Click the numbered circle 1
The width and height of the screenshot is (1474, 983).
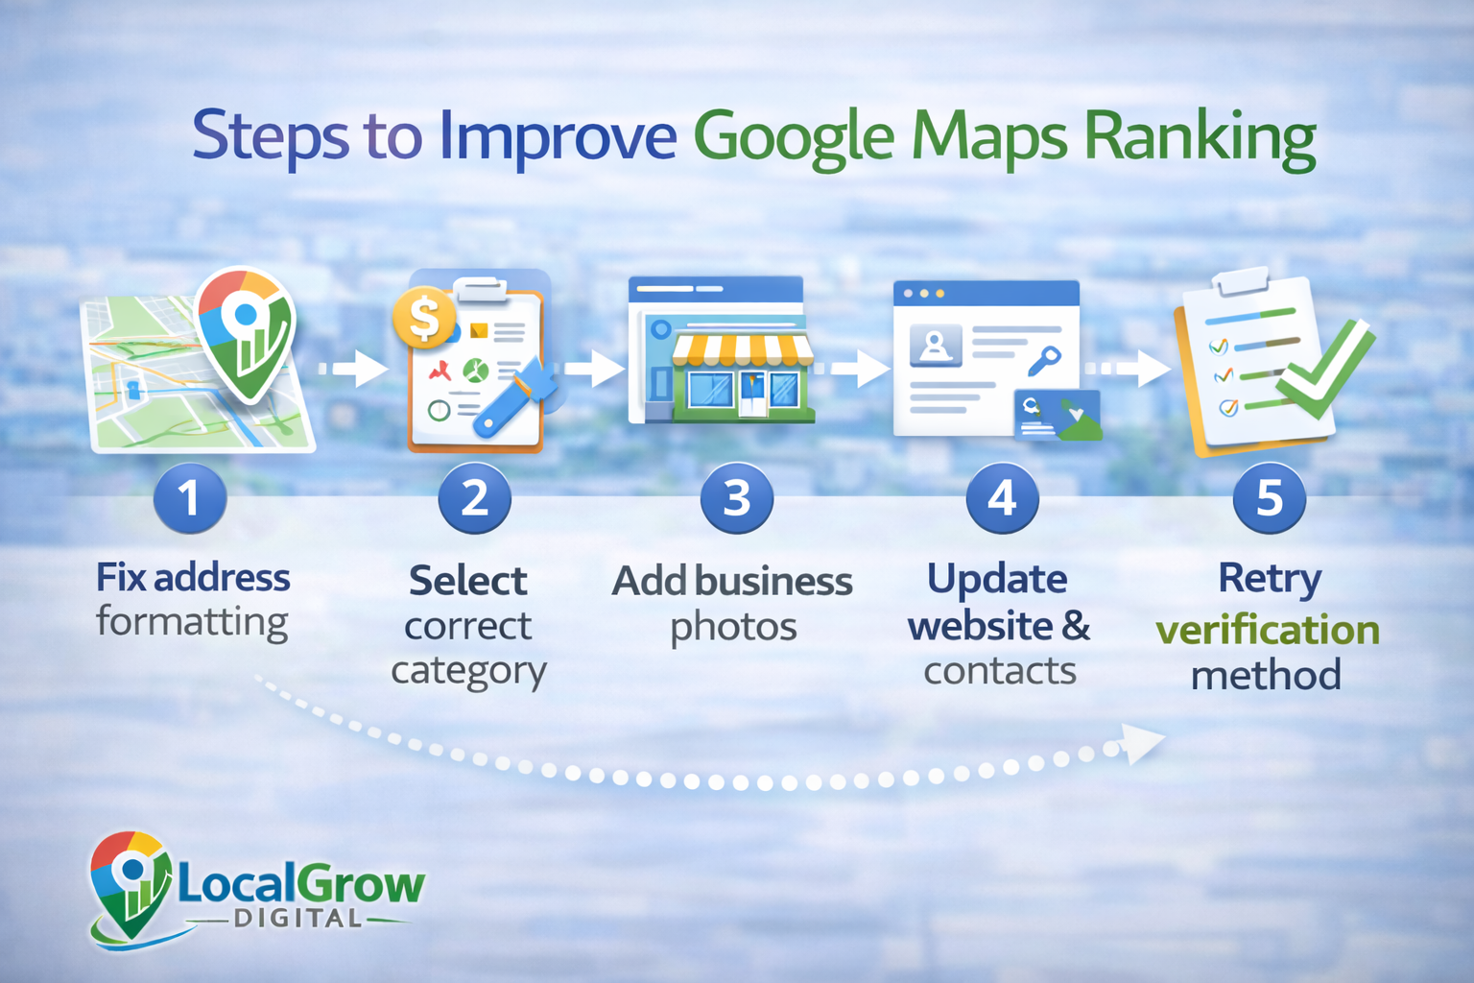tap(190, 498)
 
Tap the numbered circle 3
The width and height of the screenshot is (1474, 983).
tap(736, 498)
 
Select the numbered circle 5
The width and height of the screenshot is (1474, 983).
tap(1269, 498)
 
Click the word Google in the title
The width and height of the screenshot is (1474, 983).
tap(793, 137)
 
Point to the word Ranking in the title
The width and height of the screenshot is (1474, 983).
tap(1200, 137)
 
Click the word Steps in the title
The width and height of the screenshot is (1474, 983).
tap(271, 137)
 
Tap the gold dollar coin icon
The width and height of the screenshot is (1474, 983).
tap(423, 318)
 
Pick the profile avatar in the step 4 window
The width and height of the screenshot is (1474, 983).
tap(935, 344)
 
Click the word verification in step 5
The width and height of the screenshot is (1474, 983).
tap(1267, 631)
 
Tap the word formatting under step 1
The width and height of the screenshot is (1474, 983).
tap(192, 622)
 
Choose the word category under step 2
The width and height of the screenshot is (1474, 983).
tap(468, 671)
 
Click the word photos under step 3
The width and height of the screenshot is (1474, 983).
tap(733, 628)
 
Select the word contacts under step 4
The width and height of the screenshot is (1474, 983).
tap(999, 671)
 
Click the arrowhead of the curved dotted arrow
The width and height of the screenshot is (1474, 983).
tap(1142, 743)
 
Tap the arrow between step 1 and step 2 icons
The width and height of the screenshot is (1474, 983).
tap(356, 369)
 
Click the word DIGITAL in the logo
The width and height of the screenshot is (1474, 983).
tap(297, 919)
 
